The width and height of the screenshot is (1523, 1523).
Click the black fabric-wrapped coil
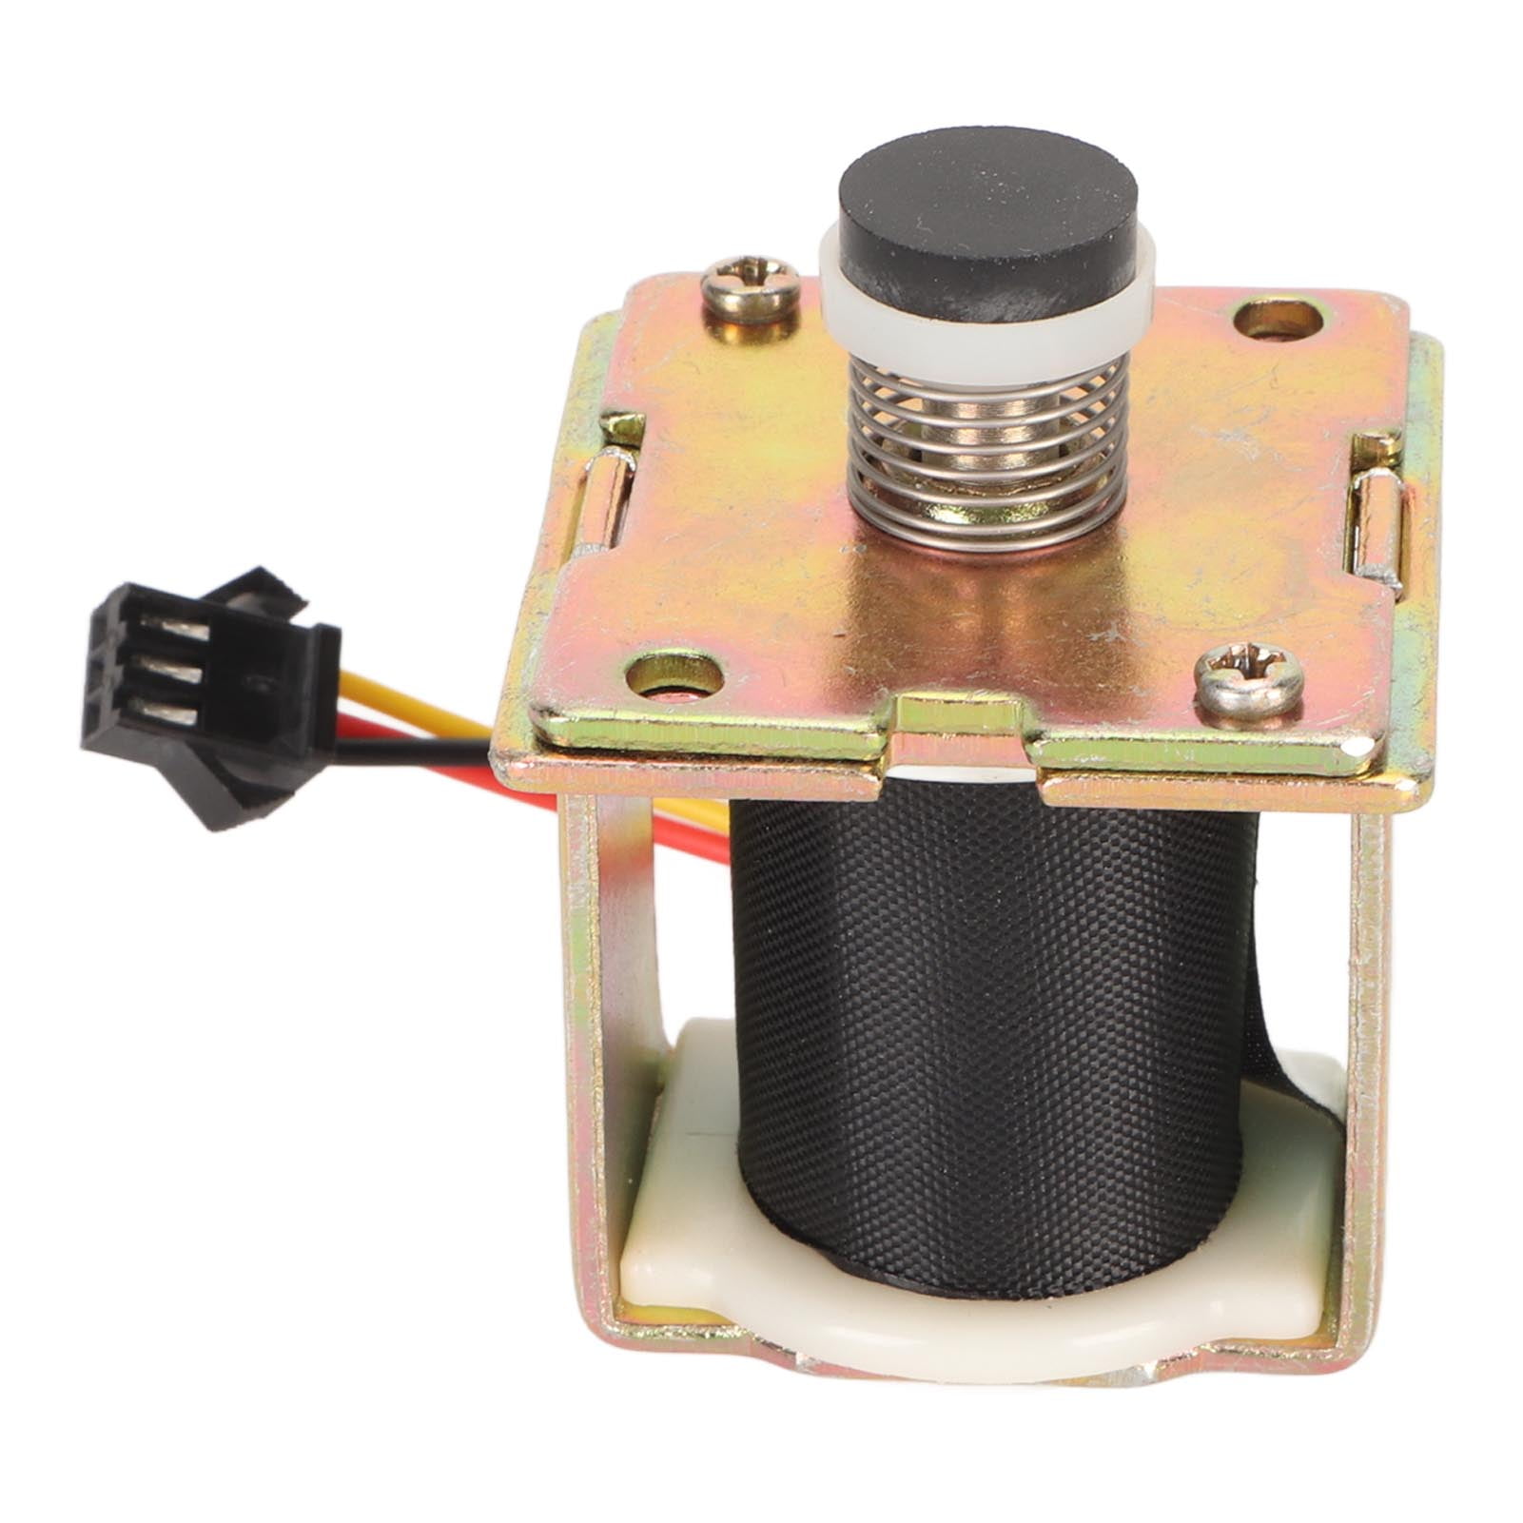[x=989, y=1027]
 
